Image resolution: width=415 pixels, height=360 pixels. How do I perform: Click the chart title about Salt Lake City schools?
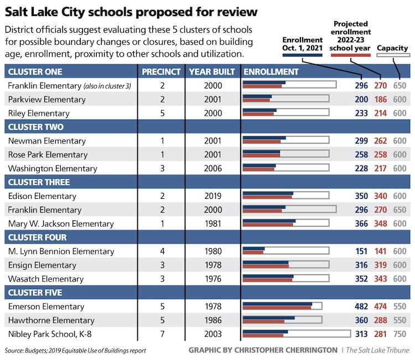132,12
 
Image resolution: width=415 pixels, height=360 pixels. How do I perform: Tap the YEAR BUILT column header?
212,71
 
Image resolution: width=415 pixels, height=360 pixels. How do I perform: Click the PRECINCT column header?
161,71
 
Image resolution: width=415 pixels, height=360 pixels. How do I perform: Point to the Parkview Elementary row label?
46,99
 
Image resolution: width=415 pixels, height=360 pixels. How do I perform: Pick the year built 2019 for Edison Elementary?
212,196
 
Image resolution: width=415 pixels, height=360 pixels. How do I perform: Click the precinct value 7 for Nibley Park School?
162,334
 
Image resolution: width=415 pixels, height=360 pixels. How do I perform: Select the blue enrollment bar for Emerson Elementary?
277,304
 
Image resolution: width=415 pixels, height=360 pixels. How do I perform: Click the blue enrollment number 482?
361,306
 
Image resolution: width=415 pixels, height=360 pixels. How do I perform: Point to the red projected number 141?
380,251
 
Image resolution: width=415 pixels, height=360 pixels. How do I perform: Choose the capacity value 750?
400,334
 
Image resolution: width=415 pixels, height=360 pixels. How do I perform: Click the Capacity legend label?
392,48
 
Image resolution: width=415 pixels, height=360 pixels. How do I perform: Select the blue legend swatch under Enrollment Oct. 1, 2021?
302,55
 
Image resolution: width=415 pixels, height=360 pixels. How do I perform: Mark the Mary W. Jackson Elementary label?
61,224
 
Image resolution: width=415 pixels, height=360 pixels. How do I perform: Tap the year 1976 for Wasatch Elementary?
212,279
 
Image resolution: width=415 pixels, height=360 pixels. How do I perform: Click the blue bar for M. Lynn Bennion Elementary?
254,248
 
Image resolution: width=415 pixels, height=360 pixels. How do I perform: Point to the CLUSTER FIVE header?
35,292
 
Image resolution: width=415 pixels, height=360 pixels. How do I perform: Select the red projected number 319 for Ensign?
380,265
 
